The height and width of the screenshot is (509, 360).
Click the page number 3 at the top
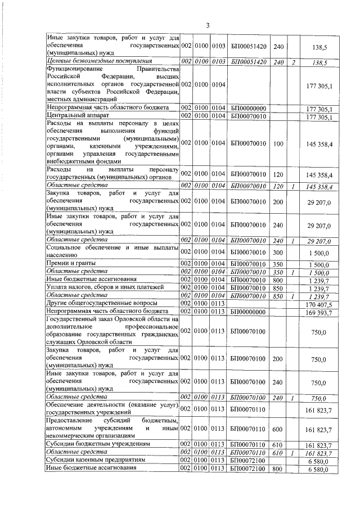[208, 25]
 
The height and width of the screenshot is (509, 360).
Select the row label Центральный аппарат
[73, 116]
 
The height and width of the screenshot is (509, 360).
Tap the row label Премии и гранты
[71, 263]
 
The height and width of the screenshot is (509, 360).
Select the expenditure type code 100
[278, 145]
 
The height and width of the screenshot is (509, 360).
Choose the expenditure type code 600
[278, 429]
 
